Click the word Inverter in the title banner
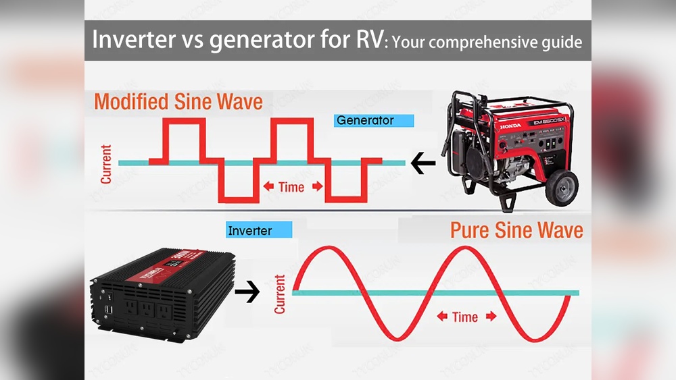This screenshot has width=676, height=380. point(130,40)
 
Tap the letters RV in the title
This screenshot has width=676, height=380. point(364,40)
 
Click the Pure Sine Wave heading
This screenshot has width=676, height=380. point(516,229)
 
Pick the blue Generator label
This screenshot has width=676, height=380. point(373,121)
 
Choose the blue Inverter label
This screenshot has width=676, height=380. point(259,231)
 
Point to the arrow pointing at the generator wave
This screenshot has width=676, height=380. point(422,163)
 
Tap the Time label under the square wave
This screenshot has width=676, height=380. point(292,187)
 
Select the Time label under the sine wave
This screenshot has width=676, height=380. point(465,317)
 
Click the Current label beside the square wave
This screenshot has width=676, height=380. point(106,163)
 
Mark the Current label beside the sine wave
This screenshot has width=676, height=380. point(280,294)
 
